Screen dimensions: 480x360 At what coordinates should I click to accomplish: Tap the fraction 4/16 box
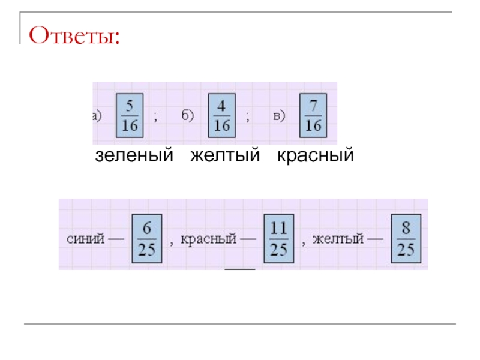pos(222,114)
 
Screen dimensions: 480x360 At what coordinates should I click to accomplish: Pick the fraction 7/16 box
pos(313,114)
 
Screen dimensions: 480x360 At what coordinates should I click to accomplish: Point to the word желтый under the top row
pos(225,156)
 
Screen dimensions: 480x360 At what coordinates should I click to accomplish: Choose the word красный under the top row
pos(316,156)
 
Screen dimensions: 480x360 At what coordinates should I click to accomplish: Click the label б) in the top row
pos(188,116)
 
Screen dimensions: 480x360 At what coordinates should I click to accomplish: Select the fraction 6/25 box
pos(146,238)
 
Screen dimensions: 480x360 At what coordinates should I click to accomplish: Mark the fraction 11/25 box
pos(277,238)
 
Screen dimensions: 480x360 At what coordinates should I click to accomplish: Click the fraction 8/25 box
pos(406,238)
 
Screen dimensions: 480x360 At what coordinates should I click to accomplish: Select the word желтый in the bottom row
pos(338,239)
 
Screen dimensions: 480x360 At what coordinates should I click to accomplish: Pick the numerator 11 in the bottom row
pos(277,229)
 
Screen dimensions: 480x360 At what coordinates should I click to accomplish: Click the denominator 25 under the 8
pos(406,248)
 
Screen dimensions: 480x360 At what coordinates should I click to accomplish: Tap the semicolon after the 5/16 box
pos(155,118)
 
